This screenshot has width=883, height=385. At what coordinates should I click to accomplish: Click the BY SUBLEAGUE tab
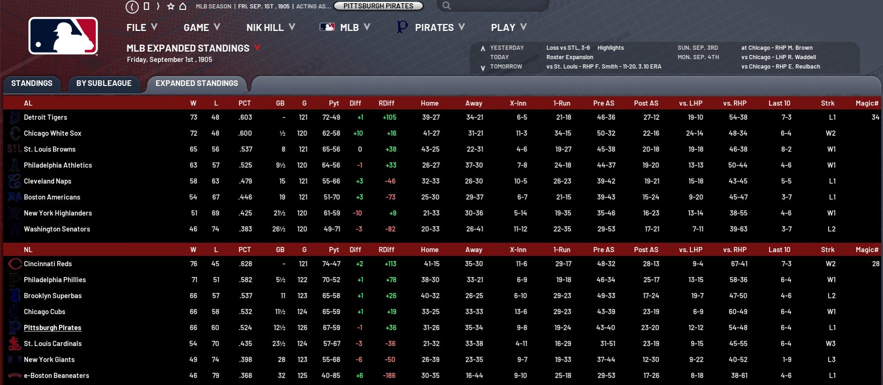point(104,84)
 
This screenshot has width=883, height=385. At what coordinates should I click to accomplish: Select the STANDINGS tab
point(32,84)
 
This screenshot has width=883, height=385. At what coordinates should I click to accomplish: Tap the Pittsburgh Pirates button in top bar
point(378,6)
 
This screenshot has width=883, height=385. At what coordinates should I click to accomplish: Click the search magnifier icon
point(446,6)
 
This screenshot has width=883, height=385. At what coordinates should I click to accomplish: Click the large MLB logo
point(63,36)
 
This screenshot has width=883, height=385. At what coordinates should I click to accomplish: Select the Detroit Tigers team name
point(45,117)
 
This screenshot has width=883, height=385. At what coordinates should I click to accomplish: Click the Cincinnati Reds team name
point(48,264)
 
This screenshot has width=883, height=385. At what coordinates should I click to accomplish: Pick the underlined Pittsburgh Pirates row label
point(53,328)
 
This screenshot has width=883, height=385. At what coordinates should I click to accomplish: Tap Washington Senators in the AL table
point(57,229)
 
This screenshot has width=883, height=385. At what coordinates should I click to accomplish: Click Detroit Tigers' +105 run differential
point(389,117)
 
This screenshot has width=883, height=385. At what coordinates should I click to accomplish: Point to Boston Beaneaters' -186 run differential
point(389,376)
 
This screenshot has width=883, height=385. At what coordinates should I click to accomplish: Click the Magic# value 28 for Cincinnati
point(875,264)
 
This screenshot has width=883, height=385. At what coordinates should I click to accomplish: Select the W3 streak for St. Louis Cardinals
point(830,344)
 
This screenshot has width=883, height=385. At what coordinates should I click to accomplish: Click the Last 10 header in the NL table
point(779,250)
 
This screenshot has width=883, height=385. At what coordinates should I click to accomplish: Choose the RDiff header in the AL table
point(386,103)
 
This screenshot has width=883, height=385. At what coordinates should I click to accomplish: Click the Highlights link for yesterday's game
point(611,48)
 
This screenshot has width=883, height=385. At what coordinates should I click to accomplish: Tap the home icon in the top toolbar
point(183,6)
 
